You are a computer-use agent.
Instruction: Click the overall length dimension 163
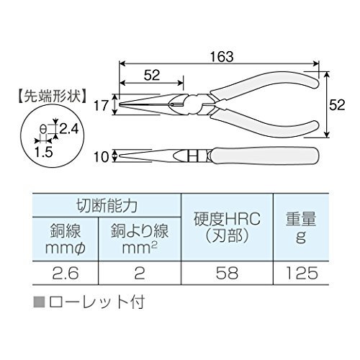coord(222,57)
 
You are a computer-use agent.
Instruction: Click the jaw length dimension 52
coord(152,75)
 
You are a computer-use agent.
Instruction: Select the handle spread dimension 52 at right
coord(337,104)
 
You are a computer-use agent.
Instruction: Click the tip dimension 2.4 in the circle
coord(68,129)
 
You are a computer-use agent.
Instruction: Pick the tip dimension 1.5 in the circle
coord(43,152)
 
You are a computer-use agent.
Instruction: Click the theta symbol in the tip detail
coord(42,130)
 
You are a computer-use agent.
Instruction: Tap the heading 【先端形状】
coord(52,96)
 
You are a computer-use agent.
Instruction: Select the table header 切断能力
coord(107,205)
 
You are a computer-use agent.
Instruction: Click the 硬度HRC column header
coord(227,227)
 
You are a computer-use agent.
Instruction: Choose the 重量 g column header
coord(301,227)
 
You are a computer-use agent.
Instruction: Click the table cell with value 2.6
coord(66,273)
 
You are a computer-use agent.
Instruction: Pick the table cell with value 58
coord(227,273)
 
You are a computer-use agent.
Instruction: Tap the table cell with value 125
coord(301,273)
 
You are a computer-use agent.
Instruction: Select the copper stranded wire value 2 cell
coord(140,273)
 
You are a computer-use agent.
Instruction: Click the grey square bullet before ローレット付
coord(39,302)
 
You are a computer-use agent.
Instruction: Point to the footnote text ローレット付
coord(96,302)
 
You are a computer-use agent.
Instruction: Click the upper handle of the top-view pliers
coord(264,84)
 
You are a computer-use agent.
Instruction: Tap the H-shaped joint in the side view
coord(193,157)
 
